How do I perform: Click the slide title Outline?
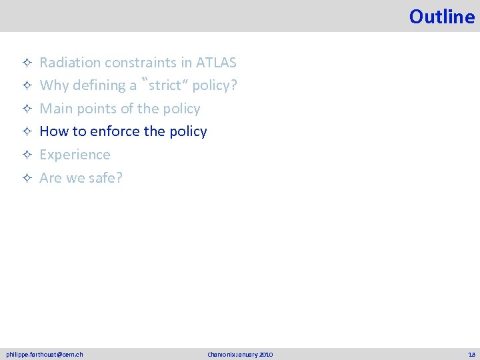pyautogui.click(x=441, y=16)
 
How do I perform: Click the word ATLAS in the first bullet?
pyautogui.click(x=216, y=63)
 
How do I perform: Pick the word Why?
pyautogui.click(x=52, y=85)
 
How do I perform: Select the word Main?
pyautogui.click(x=55, y=109)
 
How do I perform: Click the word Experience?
pyautogui.click(x=75, y=155)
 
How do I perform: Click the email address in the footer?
pyautogui.click(x=45, y=354)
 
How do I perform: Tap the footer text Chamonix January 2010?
pyautogui.click(x=240, y=354)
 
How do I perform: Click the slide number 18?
pyautogui.click(x=471, y=354)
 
